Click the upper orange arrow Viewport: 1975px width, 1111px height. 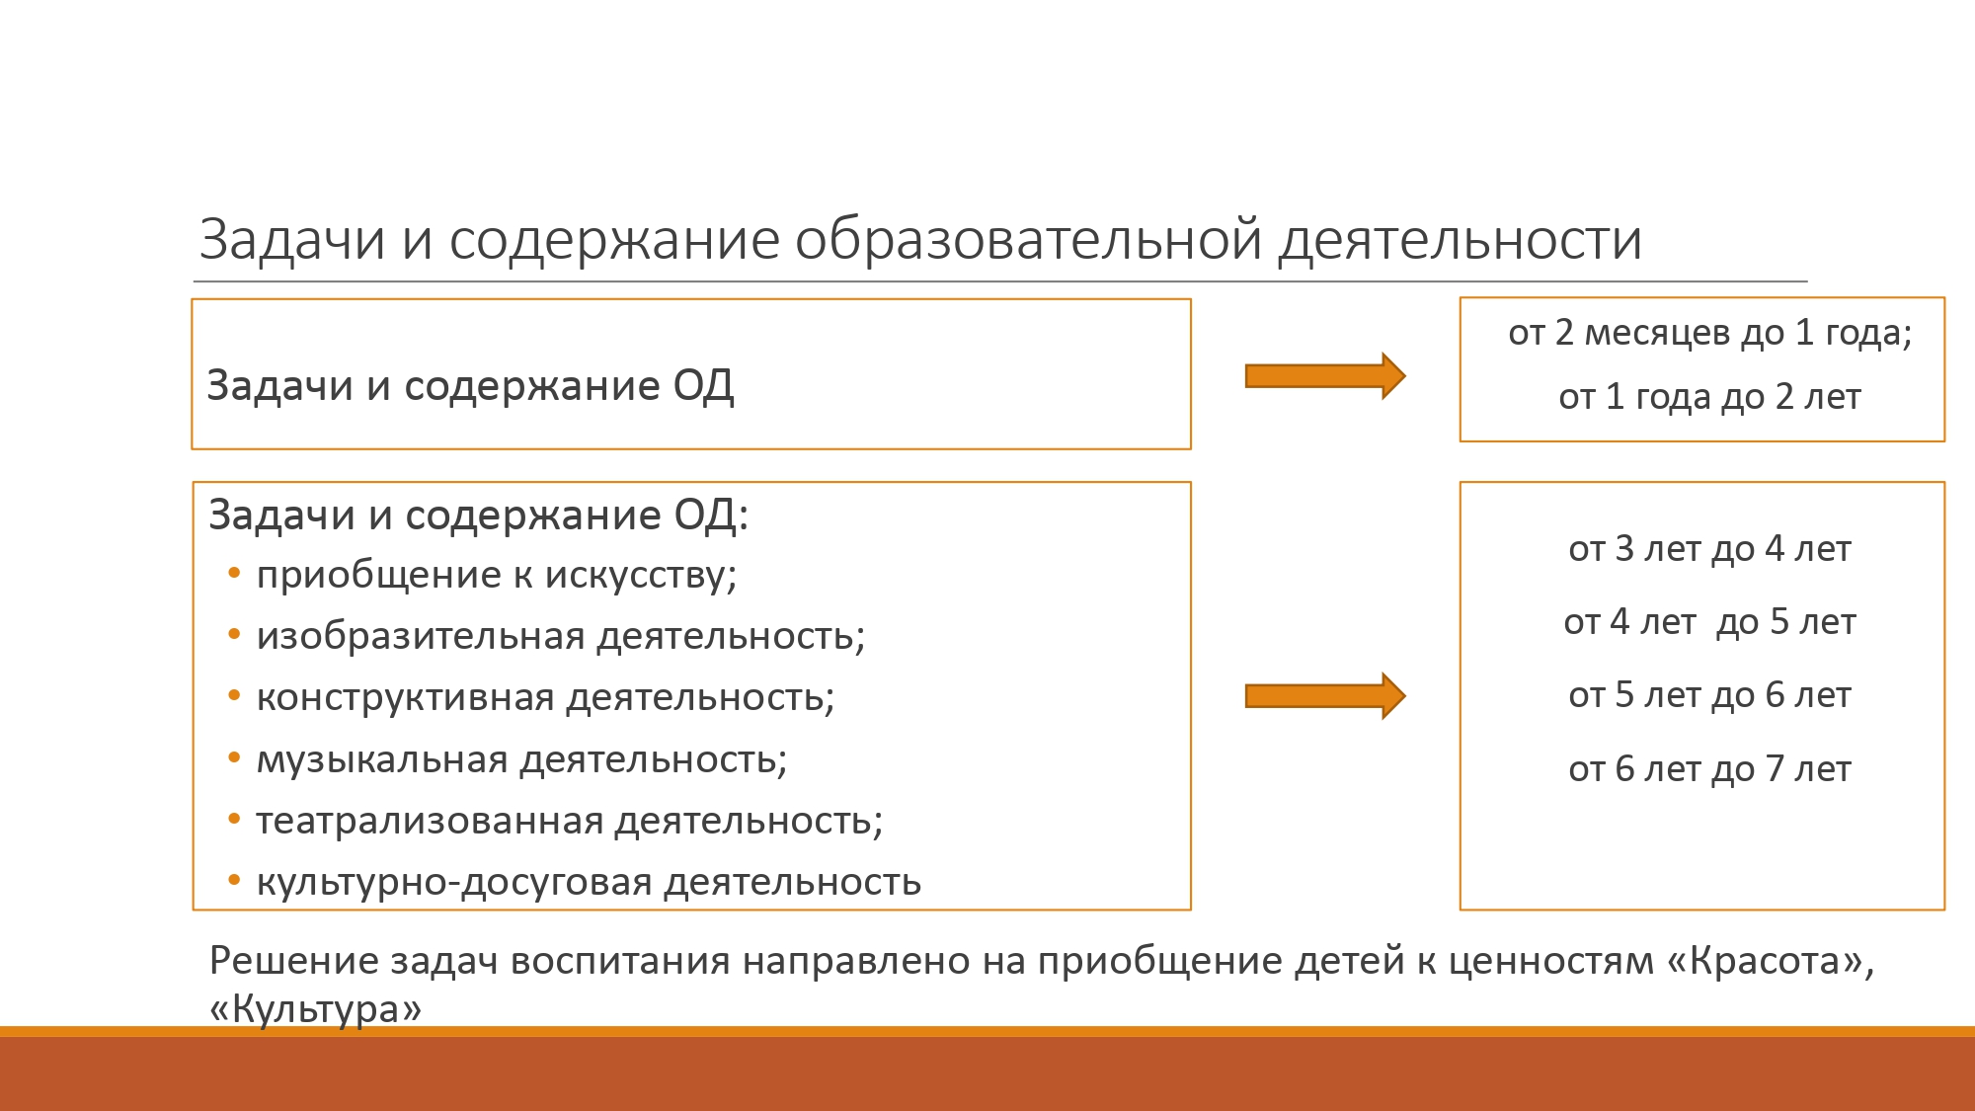point(1325,376)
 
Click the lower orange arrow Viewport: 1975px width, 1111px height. point(1325,696)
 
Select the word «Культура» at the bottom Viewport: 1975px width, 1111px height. point(316,1008)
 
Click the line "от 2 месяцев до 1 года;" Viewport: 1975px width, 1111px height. point(1709,333)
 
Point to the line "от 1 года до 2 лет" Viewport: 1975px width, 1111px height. point(1709,397)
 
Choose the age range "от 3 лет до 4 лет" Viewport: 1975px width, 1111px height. point(1709,548)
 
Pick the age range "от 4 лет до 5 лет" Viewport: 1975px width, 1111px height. point(1709,622)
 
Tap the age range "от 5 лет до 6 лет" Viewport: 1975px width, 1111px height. point(1709,695)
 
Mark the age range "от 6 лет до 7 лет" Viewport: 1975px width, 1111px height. point(1709,769)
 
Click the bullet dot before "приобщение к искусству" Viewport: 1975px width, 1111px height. point(234,573)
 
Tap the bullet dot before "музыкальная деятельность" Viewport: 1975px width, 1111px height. point(234,757)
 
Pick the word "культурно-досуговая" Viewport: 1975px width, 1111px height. point(454,883)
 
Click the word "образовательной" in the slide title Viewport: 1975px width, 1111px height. point(1028,240)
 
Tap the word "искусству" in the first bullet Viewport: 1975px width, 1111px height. point(641,575)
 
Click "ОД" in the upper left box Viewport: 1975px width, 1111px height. point(703,387)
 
